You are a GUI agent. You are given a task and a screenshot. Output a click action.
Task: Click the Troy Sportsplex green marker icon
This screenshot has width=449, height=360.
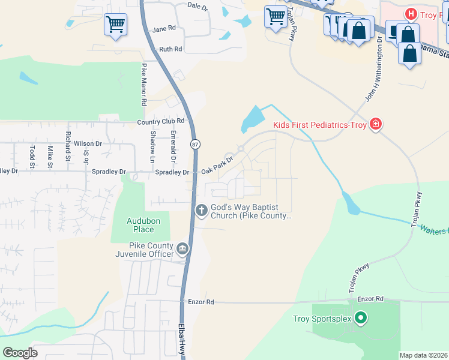360,318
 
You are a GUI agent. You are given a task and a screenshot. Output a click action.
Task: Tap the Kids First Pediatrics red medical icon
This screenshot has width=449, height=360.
376,124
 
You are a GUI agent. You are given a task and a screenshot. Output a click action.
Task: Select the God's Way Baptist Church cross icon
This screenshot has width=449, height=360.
202,209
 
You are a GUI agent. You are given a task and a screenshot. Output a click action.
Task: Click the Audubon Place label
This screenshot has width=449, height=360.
143,225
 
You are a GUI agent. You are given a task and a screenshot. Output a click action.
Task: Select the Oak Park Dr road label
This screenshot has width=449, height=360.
216,166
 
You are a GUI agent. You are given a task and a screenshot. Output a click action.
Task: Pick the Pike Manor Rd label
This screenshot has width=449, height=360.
144,85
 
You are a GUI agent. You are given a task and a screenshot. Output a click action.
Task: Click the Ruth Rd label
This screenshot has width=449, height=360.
170,49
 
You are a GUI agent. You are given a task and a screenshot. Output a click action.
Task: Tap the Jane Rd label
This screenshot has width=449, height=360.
164,28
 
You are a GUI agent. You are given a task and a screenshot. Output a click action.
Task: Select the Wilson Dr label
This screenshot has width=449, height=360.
88,144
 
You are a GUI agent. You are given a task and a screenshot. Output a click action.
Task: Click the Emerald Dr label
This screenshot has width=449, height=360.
173,146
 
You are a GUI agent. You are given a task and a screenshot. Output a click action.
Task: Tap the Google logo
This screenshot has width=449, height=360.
20,353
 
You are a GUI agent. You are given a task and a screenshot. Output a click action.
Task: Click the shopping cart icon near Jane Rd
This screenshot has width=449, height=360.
115,25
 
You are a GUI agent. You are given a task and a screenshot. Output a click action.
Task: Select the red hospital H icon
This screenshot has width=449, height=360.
411,13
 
